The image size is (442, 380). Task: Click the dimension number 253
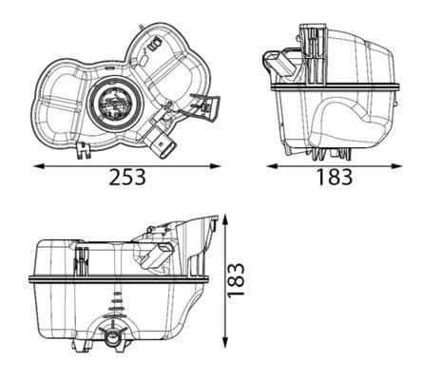coord(126,178)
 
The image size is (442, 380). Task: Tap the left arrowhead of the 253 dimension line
coord(37,165)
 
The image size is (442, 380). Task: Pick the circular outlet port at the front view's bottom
coord(113,338)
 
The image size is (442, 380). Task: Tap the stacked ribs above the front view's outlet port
coord(117,309)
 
